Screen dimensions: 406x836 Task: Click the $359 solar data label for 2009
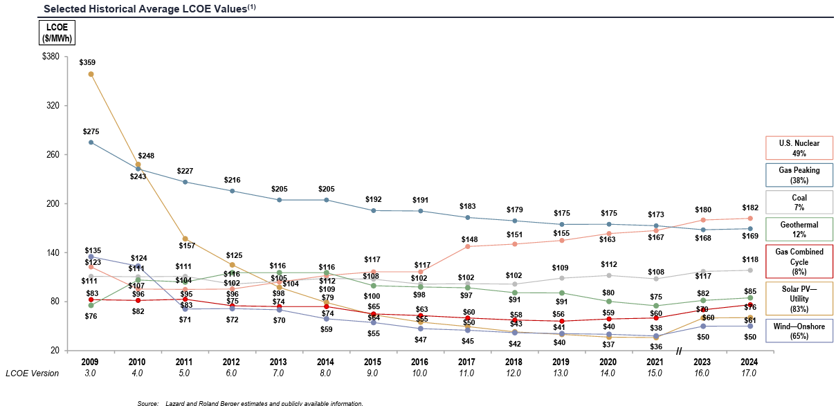87,62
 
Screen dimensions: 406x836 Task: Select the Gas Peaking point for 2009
91,142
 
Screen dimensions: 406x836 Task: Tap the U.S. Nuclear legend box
799,148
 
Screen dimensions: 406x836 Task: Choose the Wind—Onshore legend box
799,331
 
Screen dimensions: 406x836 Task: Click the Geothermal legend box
799,230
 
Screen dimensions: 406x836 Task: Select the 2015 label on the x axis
372,361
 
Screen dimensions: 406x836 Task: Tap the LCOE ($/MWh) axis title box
57,33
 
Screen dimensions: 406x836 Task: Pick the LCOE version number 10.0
419,373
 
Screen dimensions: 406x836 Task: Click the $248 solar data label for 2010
147,156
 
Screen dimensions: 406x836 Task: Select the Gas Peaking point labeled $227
185,182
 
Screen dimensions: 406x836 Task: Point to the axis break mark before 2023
679,351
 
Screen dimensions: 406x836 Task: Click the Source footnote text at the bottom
250,403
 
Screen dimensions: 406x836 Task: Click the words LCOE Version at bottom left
33,373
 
